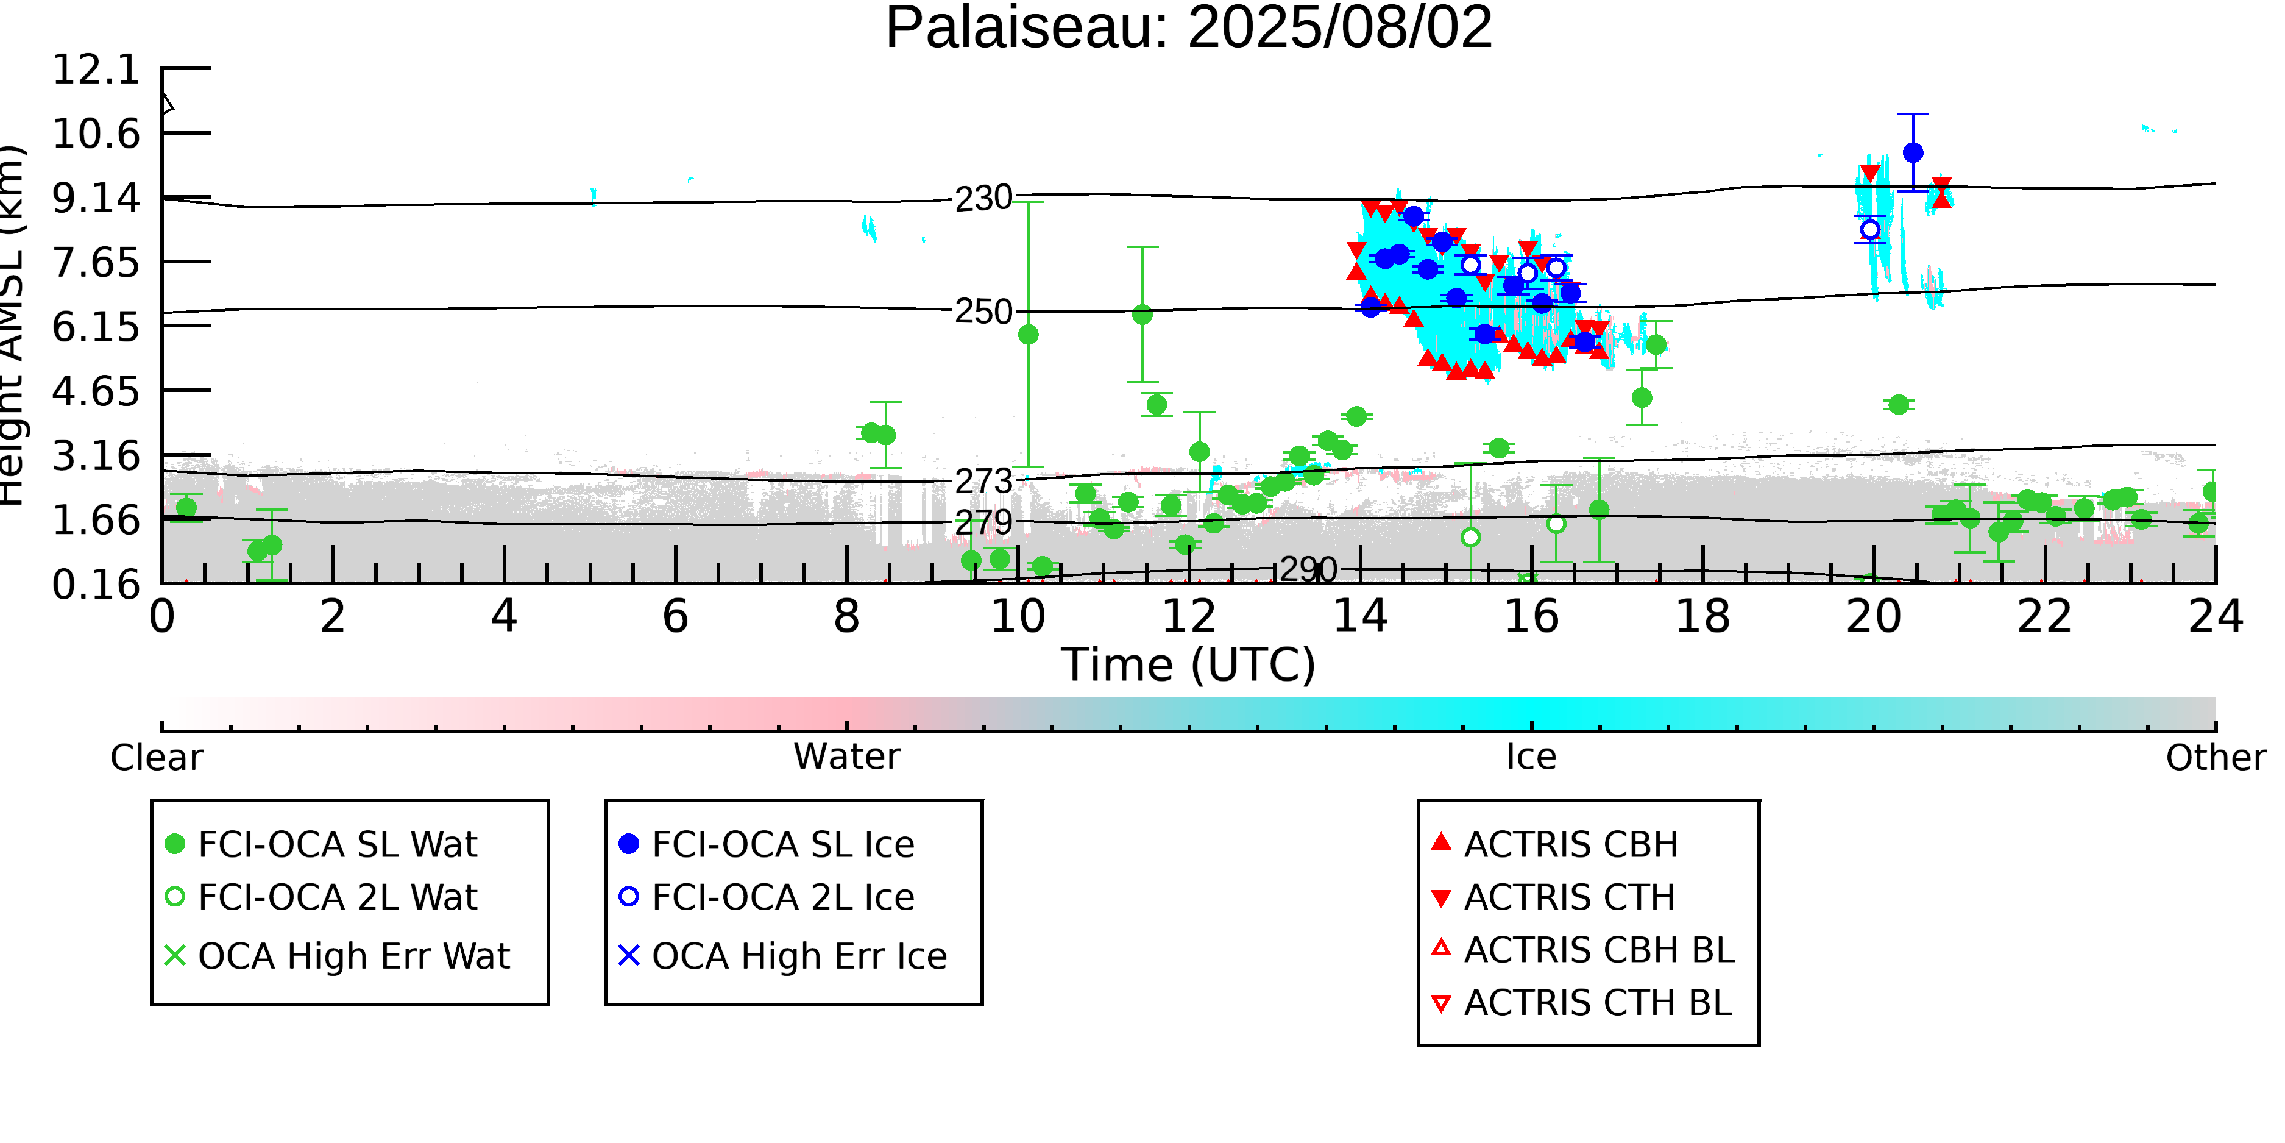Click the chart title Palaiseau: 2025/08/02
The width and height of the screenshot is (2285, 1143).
click(1189, 29)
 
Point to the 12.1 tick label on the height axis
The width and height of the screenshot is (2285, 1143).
click(96, 69)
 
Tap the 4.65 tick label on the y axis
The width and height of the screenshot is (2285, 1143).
click(96, 391)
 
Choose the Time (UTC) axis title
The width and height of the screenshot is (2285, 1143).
click(1189, 666)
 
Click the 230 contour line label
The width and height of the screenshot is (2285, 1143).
click(983, 198)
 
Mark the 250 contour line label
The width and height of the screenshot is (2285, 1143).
click(983, 312)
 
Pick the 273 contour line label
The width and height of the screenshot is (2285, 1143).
click(983, 482)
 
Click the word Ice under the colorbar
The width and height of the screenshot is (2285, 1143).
click(1531, 758)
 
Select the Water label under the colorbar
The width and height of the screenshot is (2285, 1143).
click(846, 758)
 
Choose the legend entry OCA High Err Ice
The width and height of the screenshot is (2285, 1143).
click(798, 956)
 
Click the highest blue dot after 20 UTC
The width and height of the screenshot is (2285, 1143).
click(1913, 152)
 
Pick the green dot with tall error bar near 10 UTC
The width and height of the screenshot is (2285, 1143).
click(1028, 335)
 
